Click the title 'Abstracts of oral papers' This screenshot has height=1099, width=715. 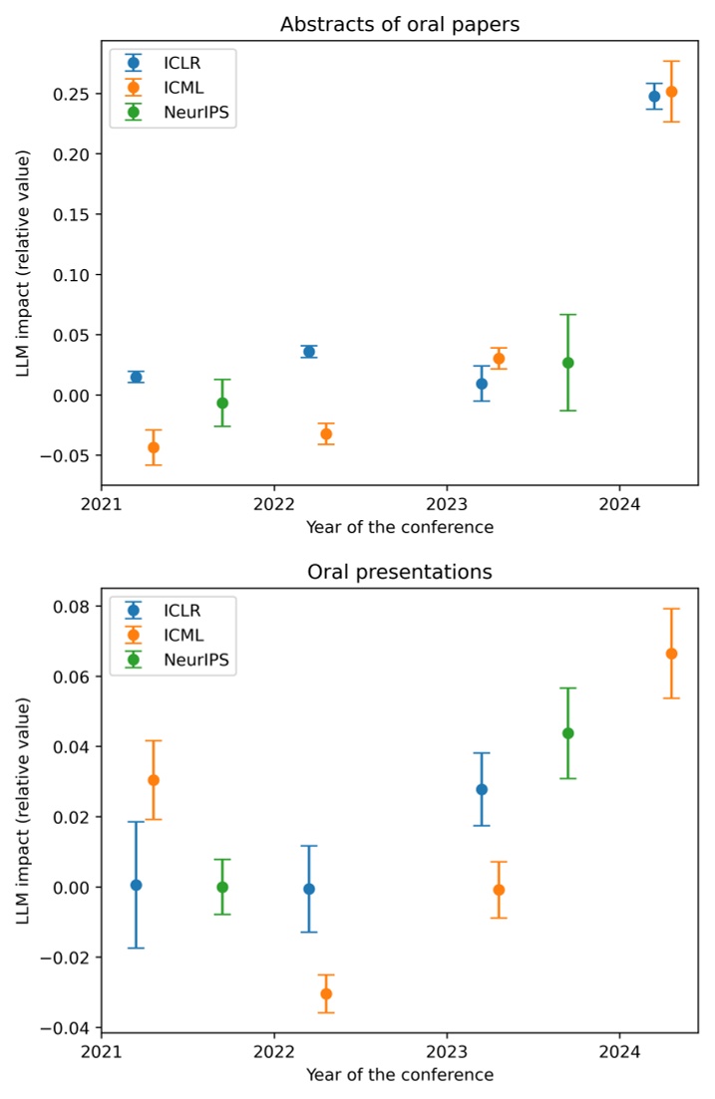coord(399,24)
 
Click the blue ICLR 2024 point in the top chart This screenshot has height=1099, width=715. coord(654,97)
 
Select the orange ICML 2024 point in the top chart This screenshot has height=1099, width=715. coord(671,92)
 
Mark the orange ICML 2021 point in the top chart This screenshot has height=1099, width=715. coord(154,447)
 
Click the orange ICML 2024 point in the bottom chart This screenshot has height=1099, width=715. coord(671,654)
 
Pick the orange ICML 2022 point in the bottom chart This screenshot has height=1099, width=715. coord(326,993)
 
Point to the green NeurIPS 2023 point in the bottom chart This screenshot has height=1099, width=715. coord(567,733)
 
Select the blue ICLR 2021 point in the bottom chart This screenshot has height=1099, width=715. coord(137,885)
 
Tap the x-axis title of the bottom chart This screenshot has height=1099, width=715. coord(399,1076)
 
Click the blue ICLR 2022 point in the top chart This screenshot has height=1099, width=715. coord(309,352)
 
